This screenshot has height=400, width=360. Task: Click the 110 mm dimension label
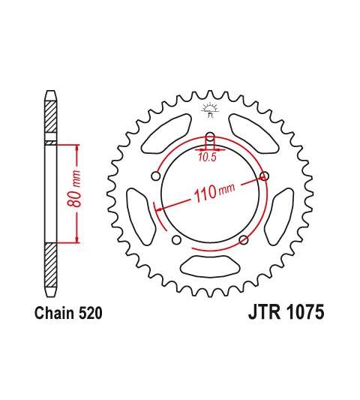[214, 192]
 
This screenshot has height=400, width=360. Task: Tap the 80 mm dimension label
[75, 188]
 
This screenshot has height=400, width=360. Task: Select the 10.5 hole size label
[207, 157]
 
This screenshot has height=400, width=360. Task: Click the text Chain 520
[68, 313]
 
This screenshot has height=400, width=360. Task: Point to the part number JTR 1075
[286, 311]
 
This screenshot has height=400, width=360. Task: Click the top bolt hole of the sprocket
[210, 137]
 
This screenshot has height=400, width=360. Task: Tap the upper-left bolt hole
[156, 176]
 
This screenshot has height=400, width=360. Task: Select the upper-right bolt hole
[264, 176]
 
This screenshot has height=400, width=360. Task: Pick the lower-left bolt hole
[176, 240]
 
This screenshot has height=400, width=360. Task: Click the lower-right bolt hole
[244, 240]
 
